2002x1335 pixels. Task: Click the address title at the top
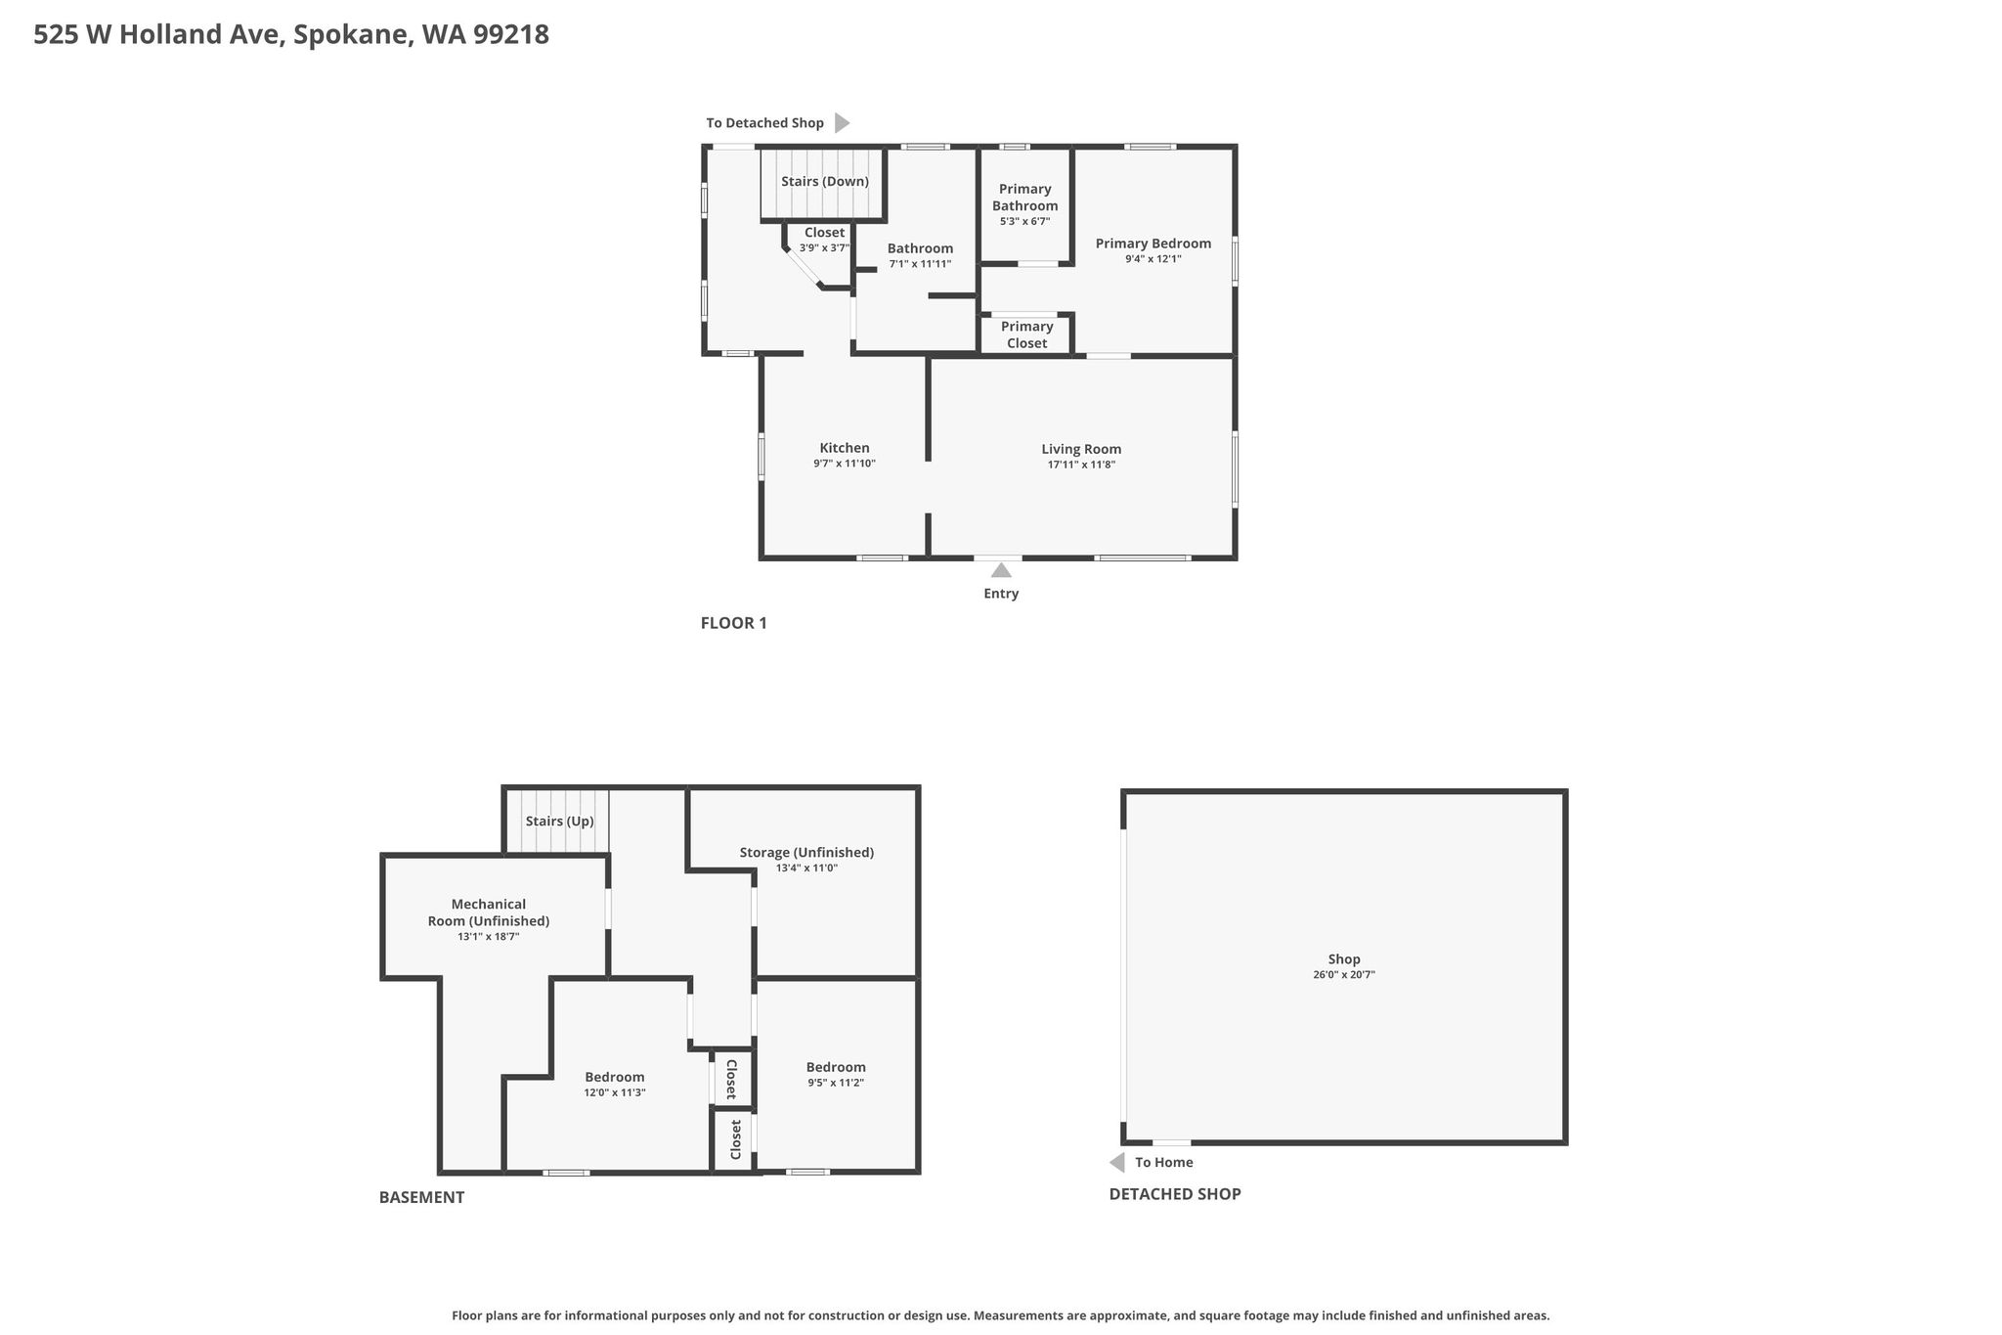coord(291,35)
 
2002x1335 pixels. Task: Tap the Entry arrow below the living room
coord(1001,570)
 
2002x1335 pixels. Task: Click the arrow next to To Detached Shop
coord(842,123)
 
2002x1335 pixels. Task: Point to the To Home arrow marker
coord(1116,1162)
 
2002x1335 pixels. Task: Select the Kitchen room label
coord(845,448)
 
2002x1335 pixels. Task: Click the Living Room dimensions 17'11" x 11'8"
coord(1081,465)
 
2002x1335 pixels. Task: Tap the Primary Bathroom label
coord(1025,198)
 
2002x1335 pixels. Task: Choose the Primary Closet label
coord(1026,334)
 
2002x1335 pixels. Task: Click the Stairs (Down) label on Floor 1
coord(825,182)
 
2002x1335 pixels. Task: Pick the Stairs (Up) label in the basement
coord(559,822)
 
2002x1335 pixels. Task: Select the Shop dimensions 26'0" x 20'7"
coord(1344,975)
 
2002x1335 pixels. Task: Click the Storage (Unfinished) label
coord(806,853)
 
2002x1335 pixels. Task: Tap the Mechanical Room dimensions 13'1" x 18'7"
coord(489,937)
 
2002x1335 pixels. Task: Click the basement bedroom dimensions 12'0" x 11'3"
coord(615,1092)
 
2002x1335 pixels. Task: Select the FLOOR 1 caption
coord(734,623)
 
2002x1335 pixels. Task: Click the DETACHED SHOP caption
coord(1175,1194)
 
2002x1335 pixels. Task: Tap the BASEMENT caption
coord(421,1197)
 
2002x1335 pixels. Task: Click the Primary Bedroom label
coord(1153,244)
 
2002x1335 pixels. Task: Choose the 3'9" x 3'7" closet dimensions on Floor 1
coord(824,248)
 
